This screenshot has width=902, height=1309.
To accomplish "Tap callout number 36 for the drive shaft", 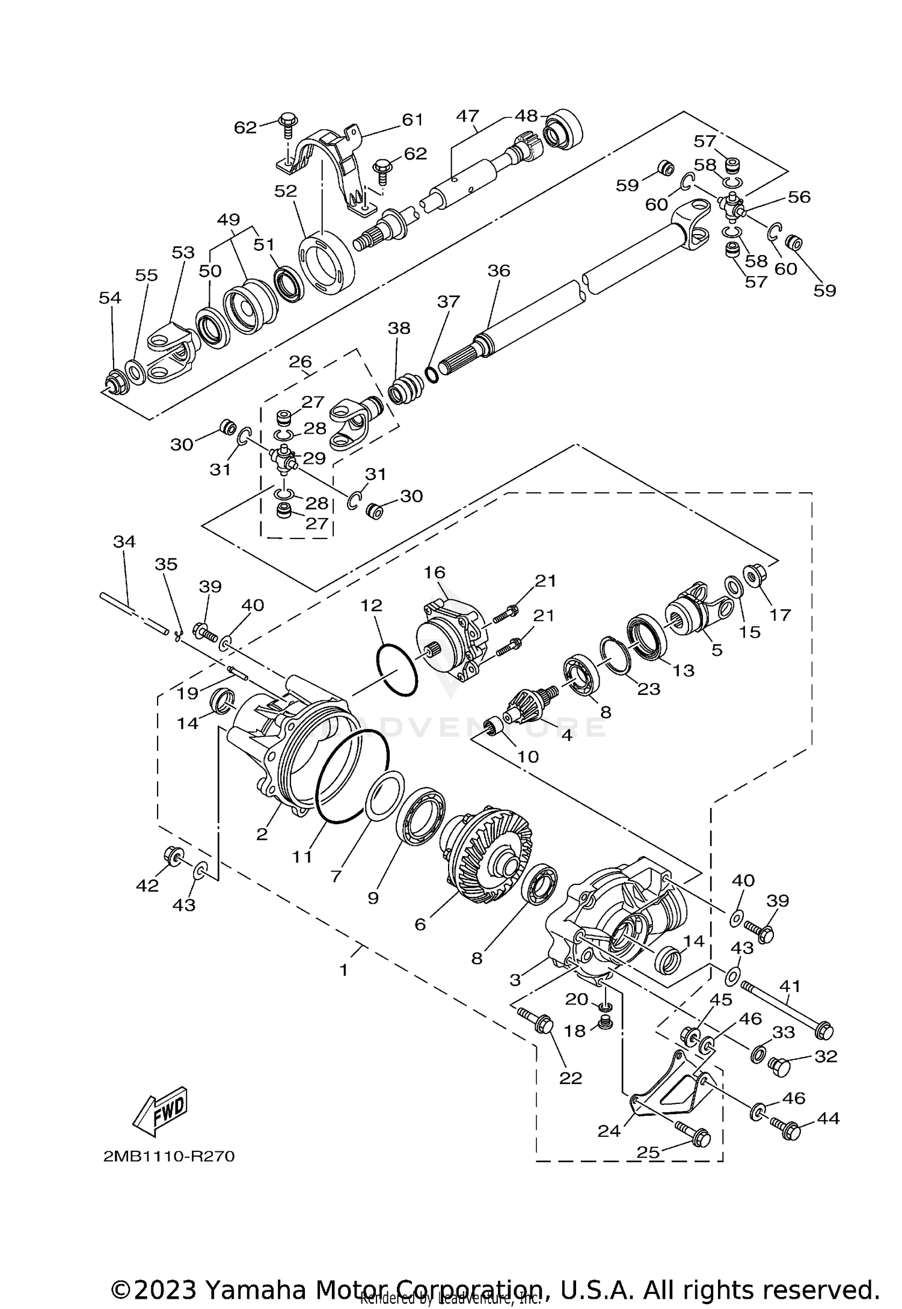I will coord(499,271).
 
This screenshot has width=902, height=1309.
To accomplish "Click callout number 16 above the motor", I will coord(434,571).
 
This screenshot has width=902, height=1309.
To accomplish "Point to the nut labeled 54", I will coord(114,383).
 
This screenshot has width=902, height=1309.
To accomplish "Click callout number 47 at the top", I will coord(467,115).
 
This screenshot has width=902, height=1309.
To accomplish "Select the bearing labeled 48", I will coord(563,128).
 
